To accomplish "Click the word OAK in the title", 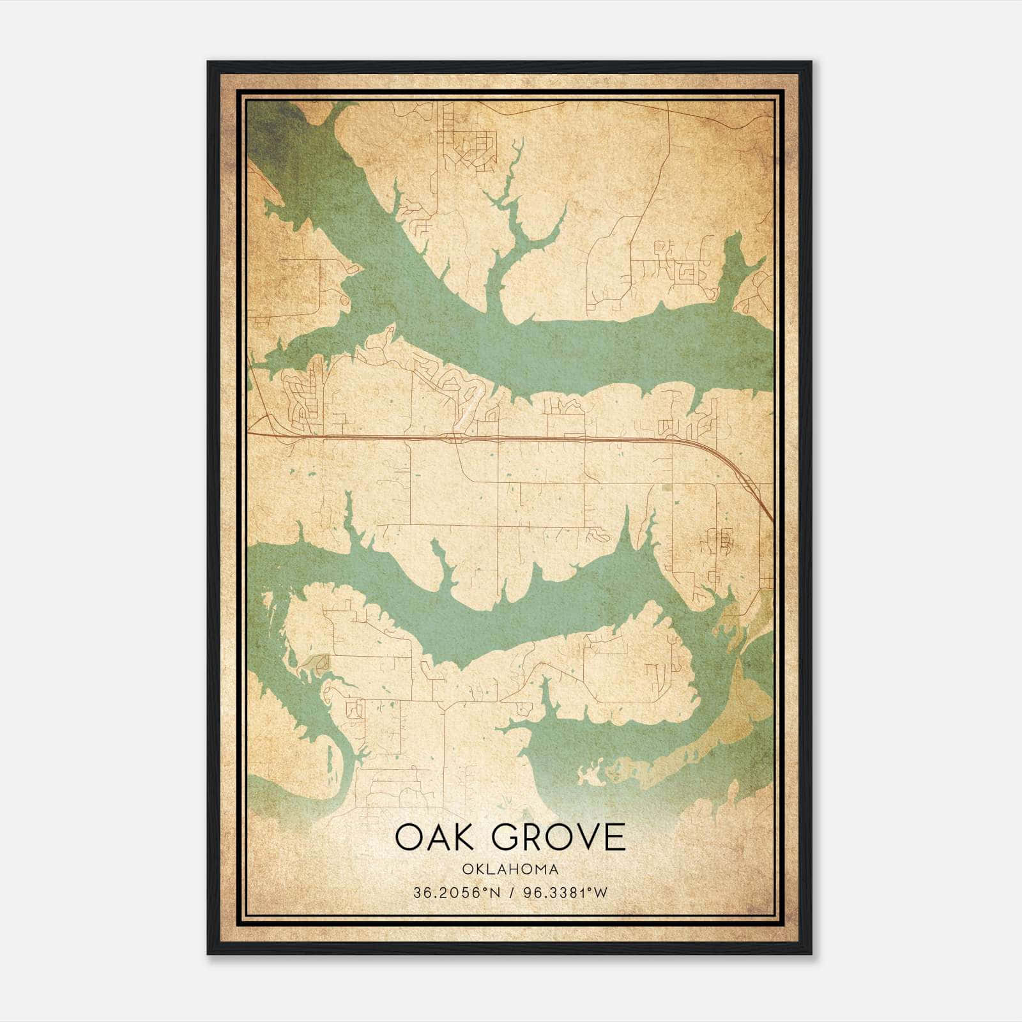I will coord(434,837).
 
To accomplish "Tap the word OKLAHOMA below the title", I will coord(510,869).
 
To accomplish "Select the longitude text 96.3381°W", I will coord(565,893).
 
